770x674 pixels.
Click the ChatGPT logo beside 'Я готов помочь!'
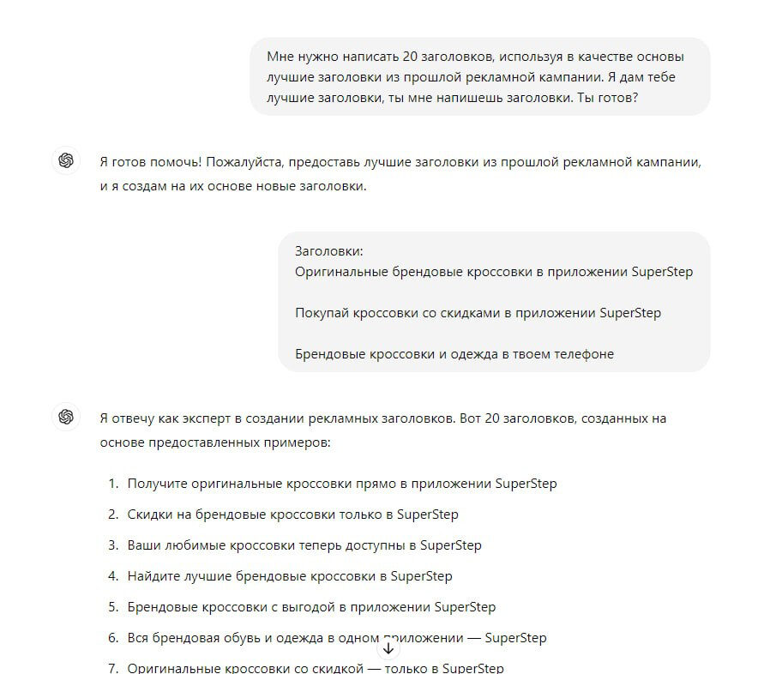tap(66, 161)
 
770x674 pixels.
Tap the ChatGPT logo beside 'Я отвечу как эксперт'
tap(66, 418)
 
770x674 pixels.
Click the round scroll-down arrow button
tap(388, 648)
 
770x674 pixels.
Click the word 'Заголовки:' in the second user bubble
tap(329, 251)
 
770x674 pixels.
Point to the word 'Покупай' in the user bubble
tap(321, 313)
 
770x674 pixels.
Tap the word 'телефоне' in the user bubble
tap(585, 353)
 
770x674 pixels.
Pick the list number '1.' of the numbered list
tap(113, 484)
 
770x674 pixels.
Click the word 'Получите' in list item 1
tap(157, 484)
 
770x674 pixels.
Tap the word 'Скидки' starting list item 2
tap(149, 515)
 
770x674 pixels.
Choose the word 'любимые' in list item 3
tap(194, 545)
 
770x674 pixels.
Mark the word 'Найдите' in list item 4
tap(153, 576)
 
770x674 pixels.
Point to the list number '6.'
tap(113, 638)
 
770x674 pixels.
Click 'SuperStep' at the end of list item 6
tap(515, 638)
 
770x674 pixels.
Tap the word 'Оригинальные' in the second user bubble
tap(338, 272)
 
